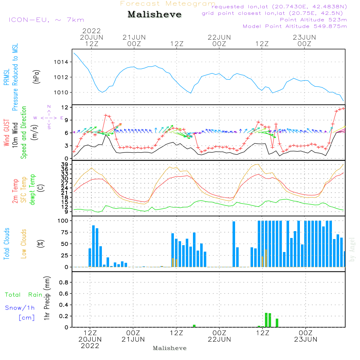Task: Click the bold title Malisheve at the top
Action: pos(154,15)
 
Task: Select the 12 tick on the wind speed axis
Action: pos(65,108)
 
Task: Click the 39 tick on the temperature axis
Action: pos(65,165)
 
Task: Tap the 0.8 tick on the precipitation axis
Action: pos(63,282)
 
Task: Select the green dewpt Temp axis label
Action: pos(32,190)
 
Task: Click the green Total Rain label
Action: pos(23,295)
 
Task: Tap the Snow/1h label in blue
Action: pos(20,308)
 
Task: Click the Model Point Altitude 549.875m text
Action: pos(295,26)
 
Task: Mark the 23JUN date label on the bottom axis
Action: pos(306,339)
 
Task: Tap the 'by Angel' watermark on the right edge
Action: pos(352,249)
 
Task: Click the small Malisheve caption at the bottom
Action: pos(170,348)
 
